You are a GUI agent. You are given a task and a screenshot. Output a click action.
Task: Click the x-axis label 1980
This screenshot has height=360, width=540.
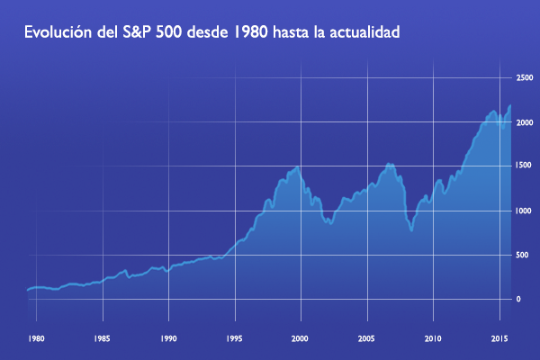coord(36,339)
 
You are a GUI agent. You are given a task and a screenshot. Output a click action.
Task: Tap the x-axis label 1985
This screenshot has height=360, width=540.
coord(102,339)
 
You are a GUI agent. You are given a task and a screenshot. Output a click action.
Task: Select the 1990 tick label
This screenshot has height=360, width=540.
coord(168,339)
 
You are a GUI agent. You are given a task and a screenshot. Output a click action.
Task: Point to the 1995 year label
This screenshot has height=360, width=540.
coord(235,339)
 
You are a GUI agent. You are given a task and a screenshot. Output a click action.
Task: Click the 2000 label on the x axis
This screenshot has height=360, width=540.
coord(301,339)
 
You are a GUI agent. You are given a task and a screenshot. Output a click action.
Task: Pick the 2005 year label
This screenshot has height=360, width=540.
coord(367,339)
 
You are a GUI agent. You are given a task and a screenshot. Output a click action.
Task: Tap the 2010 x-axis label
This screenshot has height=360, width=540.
coord(433,339)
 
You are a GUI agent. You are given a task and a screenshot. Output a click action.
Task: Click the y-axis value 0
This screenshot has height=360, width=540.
coord(518,300)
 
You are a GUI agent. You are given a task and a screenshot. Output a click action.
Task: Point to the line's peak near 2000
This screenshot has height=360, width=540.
coord(297,166)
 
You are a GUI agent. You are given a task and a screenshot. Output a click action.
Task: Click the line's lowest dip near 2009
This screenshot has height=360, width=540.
coord(411,230)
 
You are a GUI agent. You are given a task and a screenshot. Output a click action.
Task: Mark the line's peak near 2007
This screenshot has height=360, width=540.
coord(390,163)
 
